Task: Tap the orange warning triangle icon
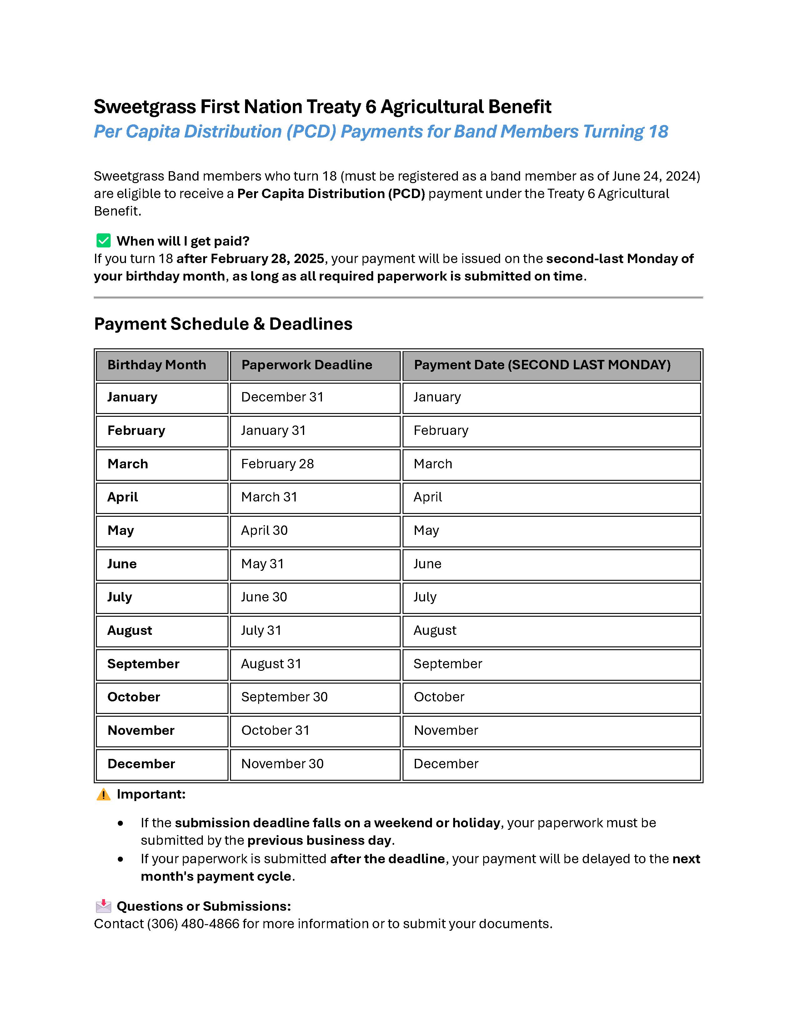point(103,794)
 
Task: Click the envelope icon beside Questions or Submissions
point(103,906)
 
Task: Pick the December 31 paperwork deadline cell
point(282,397)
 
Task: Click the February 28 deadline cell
point(277,464)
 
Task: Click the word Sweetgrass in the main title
point(144,107)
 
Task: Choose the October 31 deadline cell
point(275,730)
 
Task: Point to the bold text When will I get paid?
point(183,241)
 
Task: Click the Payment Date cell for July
point(425,597)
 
